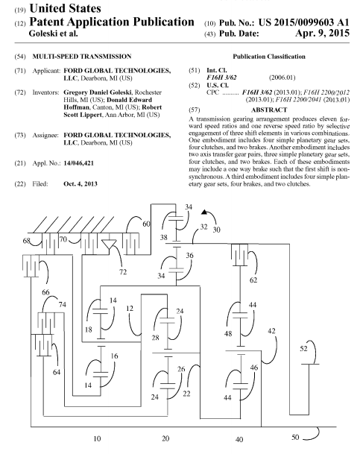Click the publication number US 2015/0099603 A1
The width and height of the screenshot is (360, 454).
[304, 22]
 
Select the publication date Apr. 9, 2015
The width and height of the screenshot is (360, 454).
[322, 34]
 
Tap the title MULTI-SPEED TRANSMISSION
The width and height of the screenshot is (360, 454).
[82, 57]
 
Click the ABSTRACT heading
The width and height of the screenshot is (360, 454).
[269, 110]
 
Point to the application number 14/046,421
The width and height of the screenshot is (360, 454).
[79, 163]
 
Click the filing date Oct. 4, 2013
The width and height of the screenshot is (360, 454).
[80, 184]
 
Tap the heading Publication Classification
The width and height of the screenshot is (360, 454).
[269, 57]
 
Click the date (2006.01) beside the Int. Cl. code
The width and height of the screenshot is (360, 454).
[282, 78]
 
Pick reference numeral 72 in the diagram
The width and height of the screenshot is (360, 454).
[123, 272]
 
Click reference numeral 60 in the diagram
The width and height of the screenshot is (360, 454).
[146, 224]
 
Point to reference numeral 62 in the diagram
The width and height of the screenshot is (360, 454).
[253, 280]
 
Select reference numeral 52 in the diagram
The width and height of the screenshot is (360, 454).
[303, 349]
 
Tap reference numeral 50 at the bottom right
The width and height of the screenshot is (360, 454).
[295, 437]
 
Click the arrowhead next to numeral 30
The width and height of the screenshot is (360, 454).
[204, 212]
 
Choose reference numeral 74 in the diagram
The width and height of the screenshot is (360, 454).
[62, 305]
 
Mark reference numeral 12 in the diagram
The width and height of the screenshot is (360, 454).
[130, 309]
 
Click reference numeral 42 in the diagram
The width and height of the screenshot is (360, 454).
[271, 331]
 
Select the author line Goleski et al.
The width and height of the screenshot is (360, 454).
[53, 34]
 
